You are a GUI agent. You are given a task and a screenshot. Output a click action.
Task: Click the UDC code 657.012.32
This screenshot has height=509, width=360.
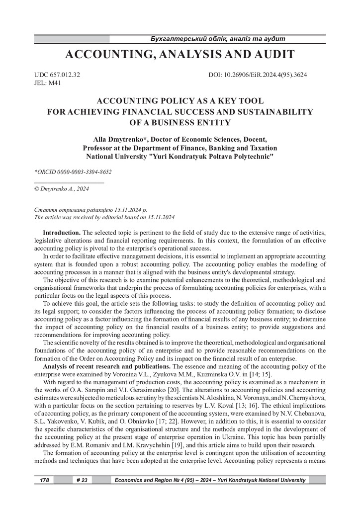(57, 75)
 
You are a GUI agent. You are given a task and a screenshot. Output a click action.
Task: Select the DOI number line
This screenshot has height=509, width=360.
(258, 75)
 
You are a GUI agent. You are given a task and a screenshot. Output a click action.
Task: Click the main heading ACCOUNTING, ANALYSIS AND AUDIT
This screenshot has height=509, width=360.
(180, 54)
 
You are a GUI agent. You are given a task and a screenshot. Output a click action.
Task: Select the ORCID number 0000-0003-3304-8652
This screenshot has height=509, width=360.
(82, 172)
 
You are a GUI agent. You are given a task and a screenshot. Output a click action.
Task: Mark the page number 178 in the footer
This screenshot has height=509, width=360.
(43, 480)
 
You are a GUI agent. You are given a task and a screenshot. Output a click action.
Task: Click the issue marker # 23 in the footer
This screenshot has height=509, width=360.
(82, 480)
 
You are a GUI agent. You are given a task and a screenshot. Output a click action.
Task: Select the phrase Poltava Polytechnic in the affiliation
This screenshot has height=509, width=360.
(243, 156)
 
